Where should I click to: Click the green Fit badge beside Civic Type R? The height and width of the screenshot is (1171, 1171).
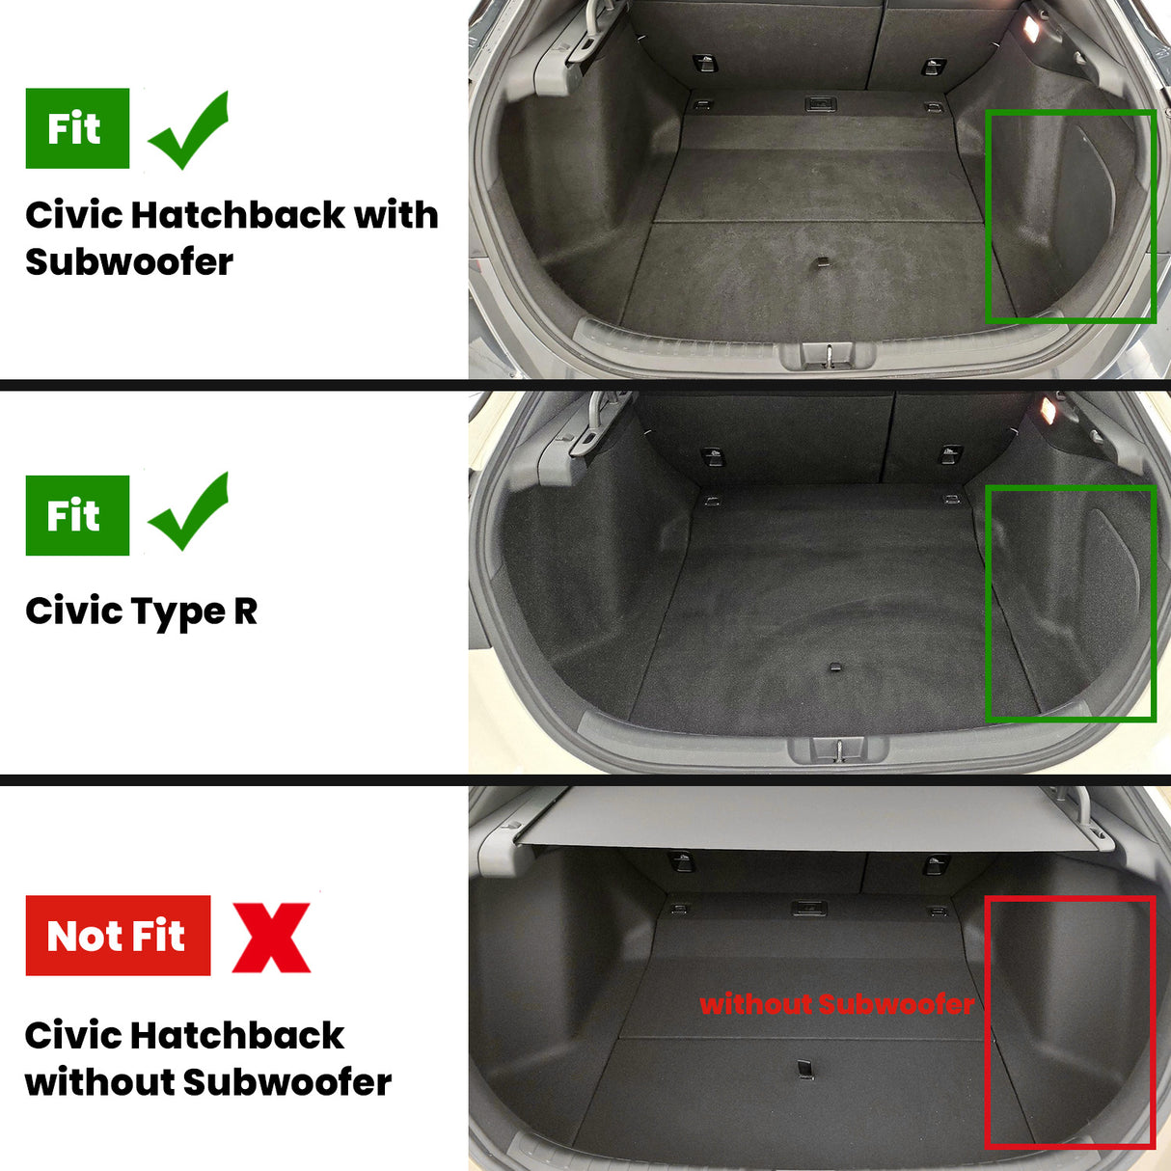click(77, 515)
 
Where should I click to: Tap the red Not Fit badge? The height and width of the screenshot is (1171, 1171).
click(118, 935)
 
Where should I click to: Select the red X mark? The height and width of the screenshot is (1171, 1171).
click(271, 938)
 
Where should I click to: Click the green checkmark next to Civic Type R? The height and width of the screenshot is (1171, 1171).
click(189, 511)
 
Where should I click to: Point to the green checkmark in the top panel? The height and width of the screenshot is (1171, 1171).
click(189, 129)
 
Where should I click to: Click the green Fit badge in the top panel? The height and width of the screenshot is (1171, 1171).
click(77, 128)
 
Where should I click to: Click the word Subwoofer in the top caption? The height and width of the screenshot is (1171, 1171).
click(129, 262)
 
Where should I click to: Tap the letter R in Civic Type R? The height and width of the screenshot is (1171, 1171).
click(245, 611)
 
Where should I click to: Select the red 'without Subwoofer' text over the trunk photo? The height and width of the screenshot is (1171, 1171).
click(836, 1004)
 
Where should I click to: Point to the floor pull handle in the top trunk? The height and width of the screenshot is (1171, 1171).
click(821, 261)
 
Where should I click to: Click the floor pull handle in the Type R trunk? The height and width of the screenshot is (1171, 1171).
click(835, 667)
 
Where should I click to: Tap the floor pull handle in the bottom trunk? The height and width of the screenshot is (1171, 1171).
click(804, 1069)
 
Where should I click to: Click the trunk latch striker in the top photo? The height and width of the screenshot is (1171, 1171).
click(829, 355)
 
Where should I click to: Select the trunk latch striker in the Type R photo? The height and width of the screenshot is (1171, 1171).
click(838, 749)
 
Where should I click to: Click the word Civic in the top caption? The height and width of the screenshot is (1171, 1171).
click(73, 215)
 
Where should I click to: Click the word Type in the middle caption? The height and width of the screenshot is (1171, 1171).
click(178, 612)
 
